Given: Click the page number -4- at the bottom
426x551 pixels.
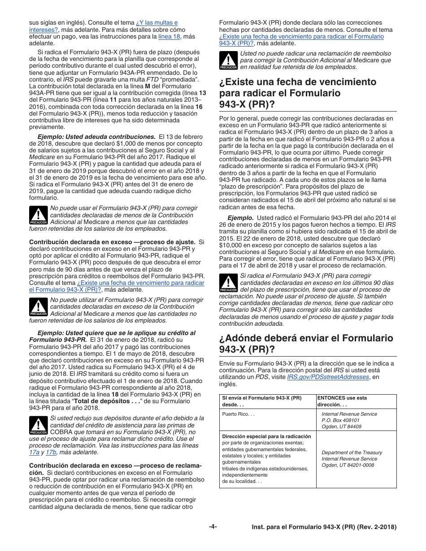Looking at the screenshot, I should [x=213, y=527].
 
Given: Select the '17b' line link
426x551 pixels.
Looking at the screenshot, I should [x=51, y=452].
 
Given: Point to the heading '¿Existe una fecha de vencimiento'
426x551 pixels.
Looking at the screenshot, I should [x=298, y=82].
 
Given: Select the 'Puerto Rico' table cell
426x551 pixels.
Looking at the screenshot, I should [x=238, y=414].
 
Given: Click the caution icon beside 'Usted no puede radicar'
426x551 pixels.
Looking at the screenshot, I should [x=228, y=60].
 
